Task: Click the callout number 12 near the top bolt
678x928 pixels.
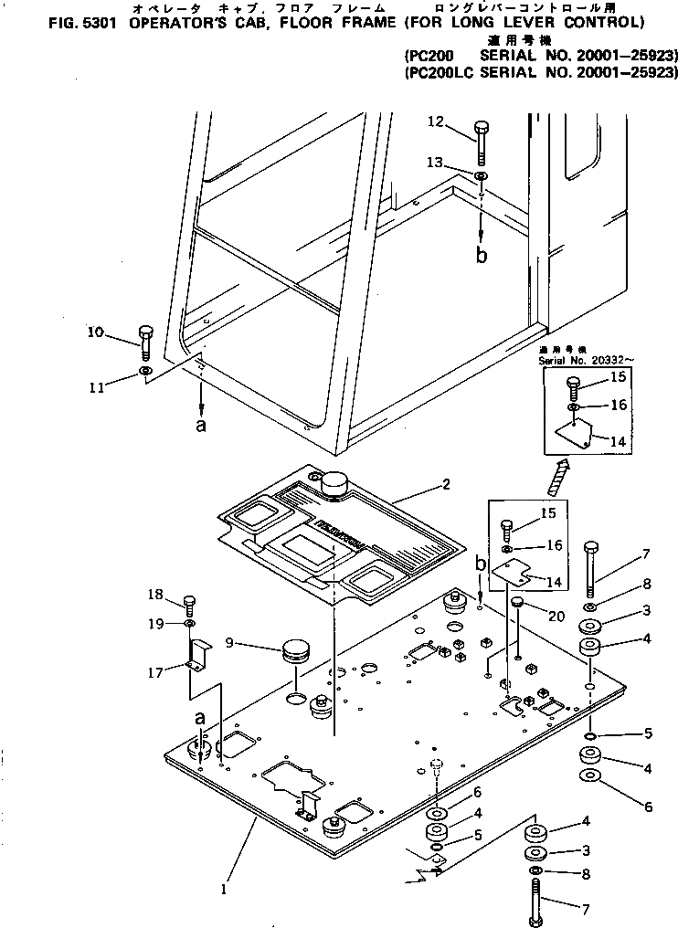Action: click(435, 121)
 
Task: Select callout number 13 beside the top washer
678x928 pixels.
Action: click(435, 162)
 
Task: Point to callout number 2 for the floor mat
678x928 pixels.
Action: click(445, 485)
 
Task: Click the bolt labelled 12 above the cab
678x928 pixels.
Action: click(482, 142)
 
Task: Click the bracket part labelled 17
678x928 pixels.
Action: click(197, 654)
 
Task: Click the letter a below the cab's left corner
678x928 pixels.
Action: click(201, 425)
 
